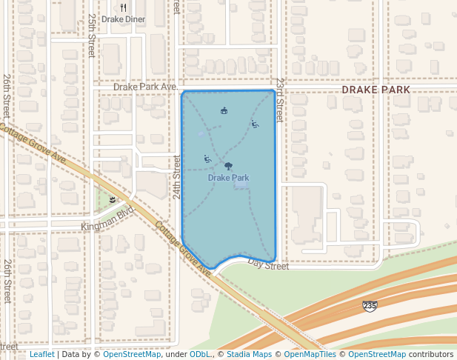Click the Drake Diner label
pos(124,19)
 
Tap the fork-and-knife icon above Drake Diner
pos(124,7)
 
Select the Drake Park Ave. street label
pos(145,87)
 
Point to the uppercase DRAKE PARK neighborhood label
pos(376,90)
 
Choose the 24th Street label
pos(177,177)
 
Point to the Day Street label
pos(268,264)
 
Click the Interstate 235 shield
pos(370,305)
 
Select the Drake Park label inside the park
pos(228,178)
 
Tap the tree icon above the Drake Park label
pos(228,167)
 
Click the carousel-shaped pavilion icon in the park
pos(224,111)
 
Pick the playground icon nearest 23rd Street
pos(255,124)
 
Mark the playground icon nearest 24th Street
pos(207,159)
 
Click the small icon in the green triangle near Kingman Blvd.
pos(113,199)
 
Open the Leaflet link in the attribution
pos(41,354)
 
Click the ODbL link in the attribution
pos(200,354)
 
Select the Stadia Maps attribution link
pos(248,354)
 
